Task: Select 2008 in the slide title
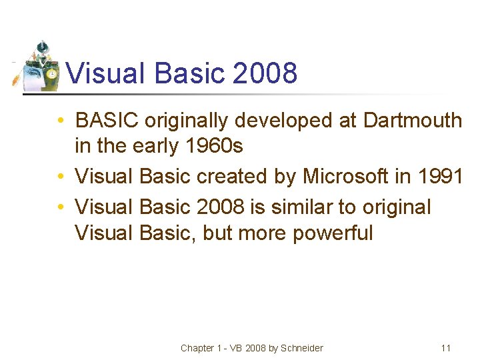265,73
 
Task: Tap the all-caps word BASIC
107,121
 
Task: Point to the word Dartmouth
412,121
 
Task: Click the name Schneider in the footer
301,348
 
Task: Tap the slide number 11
446,348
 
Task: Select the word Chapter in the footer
197,348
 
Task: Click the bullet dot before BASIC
61,121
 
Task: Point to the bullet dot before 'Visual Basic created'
61,177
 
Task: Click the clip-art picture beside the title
37,65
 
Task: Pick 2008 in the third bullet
221,207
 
